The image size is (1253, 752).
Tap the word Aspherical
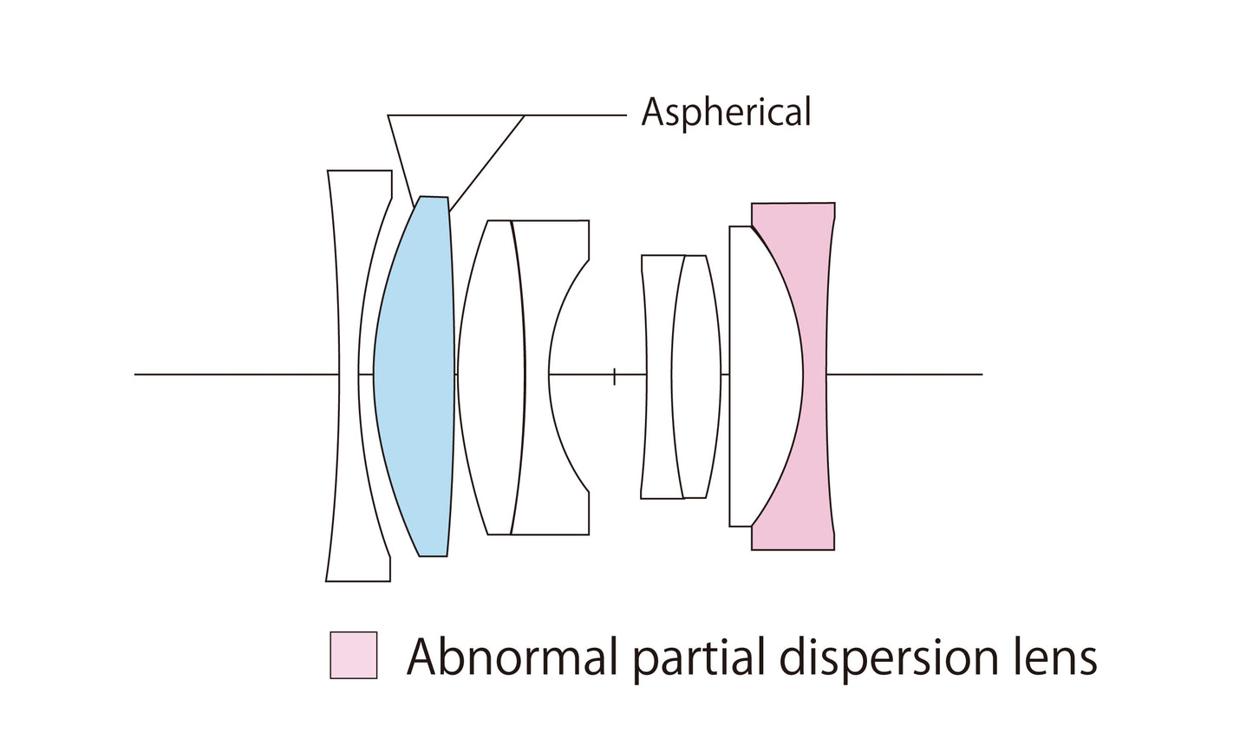tap(726, 113)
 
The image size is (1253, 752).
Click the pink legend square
tap(354, 655)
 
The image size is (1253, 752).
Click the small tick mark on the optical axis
tap(614, 376)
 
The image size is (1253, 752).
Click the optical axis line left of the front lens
tap(234, 375)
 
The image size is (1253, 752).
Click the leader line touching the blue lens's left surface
tap(400, 160)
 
